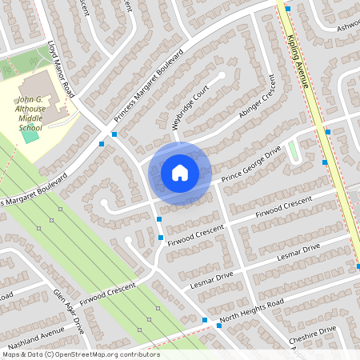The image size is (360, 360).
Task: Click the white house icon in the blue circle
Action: (x=180, y=172)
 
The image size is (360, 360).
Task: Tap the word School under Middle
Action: (x=31, y=127)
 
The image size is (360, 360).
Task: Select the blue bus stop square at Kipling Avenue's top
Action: (x=288, y=8)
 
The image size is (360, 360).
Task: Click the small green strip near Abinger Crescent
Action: (x=293, y=150)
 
